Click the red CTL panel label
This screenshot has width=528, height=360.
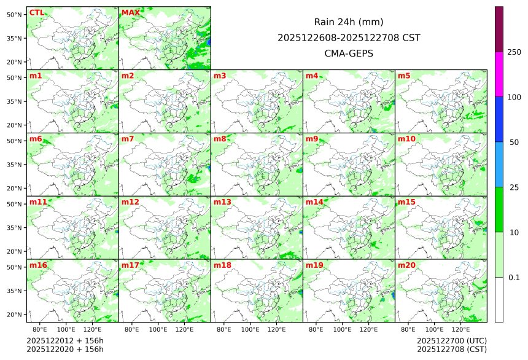coord(36,12)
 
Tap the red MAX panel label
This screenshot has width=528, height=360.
coord(130,12)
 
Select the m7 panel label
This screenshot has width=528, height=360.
coord(128,139)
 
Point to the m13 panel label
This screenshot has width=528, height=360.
coord(222,202)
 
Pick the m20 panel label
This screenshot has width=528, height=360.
coord(406,265)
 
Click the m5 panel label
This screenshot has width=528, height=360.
coord(405,76)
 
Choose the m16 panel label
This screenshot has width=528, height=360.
coord(38,265)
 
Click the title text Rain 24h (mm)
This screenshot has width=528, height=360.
coord(349,22)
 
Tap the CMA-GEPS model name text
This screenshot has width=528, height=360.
coord(349,53)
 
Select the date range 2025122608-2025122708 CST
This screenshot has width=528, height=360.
coord(349,37)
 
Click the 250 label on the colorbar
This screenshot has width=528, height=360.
coord(514,52)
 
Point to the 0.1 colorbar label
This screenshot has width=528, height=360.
coord(514,278)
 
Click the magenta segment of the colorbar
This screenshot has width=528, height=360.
coord(499,74)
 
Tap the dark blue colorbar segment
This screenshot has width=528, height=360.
coord(499,119)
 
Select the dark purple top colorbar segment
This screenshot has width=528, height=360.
coord(499,29)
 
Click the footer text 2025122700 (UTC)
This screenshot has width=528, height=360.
coord(451,341)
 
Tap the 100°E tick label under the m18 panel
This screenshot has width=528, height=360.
coord(250,330)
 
